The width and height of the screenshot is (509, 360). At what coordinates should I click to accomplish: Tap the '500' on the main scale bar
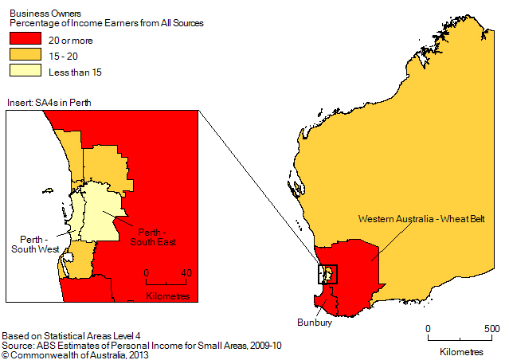(x=491, y=329)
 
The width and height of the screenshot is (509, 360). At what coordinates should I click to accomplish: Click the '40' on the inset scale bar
(x=186, y=272)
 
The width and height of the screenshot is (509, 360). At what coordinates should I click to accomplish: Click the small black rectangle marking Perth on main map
(x=327, y=274)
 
